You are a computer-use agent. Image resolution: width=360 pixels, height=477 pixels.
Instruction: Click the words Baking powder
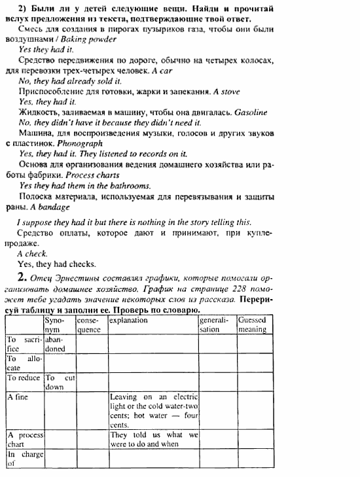[x=96, y=39]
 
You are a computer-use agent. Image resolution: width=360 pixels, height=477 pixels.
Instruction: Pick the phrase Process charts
[x=90, y=175]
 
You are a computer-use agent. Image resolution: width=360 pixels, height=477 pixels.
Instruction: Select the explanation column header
[x=129, y=321]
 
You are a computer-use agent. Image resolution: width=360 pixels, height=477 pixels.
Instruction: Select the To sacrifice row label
[x=24, y=344]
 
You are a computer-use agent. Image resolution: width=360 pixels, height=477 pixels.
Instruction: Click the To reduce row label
[x=24, y=378]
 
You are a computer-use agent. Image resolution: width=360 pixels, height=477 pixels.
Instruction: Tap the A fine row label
[x=18, y=397]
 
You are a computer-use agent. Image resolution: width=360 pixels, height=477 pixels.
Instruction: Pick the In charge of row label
[x=24, y=458]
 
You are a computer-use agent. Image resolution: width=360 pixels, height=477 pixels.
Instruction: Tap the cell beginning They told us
[x=153, y=439]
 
